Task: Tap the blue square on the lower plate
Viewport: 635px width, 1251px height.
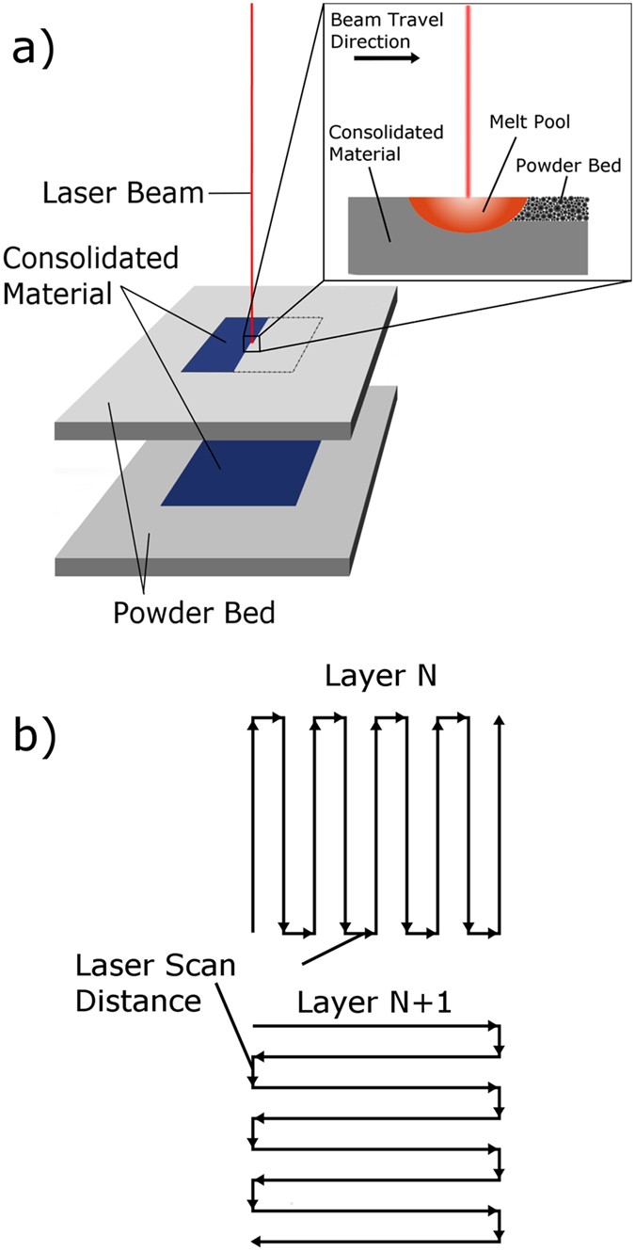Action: click(242, 471)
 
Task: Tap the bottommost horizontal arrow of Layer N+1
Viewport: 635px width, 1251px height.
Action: click(376, 1239)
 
